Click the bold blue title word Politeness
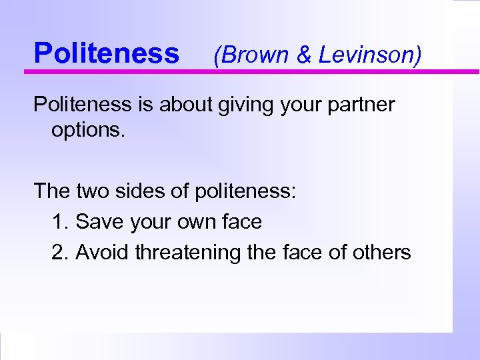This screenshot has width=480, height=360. click(x=107, y=53)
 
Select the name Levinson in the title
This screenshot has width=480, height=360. click(x=368, y=55)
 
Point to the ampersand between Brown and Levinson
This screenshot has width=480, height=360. click(x=304, y=55)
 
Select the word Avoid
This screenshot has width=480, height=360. click(x=103, y=252)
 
